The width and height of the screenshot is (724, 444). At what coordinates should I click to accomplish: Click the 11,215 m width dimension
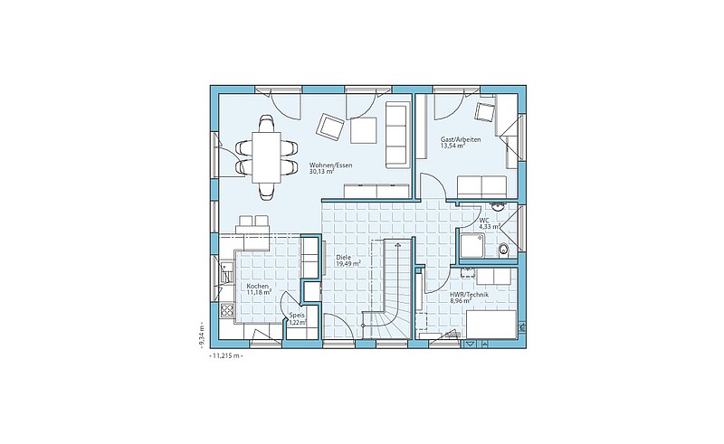click(226, 356)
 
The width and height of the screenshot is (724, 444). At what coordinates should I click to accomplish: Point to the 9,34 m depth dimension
click(202, 333)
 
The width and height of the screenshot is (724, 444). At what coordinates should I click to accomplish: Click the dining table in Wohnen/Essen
click(266, 157)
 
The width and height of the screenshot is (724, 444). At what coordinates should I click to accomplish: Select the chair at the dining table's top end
click(266, 124)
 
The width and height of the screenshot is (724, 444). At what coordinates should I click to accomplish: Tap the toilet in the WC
click(503, 250)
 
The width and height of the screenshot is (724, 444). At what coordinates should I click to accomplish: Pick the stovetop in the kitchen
click(227, 308)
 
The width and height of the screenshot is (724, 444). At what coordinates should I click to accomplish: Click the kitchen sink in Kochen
click(225, 273)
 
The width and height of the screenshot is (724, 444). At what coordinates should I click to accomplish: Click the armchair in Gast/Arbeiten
click(485, 112)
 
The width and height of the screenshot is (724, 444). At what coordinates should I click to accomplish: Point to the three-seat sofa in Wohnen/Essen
click(397, 135)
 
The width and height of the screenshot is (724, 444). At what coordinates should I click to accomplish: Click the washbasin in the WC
click(498, 206)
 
